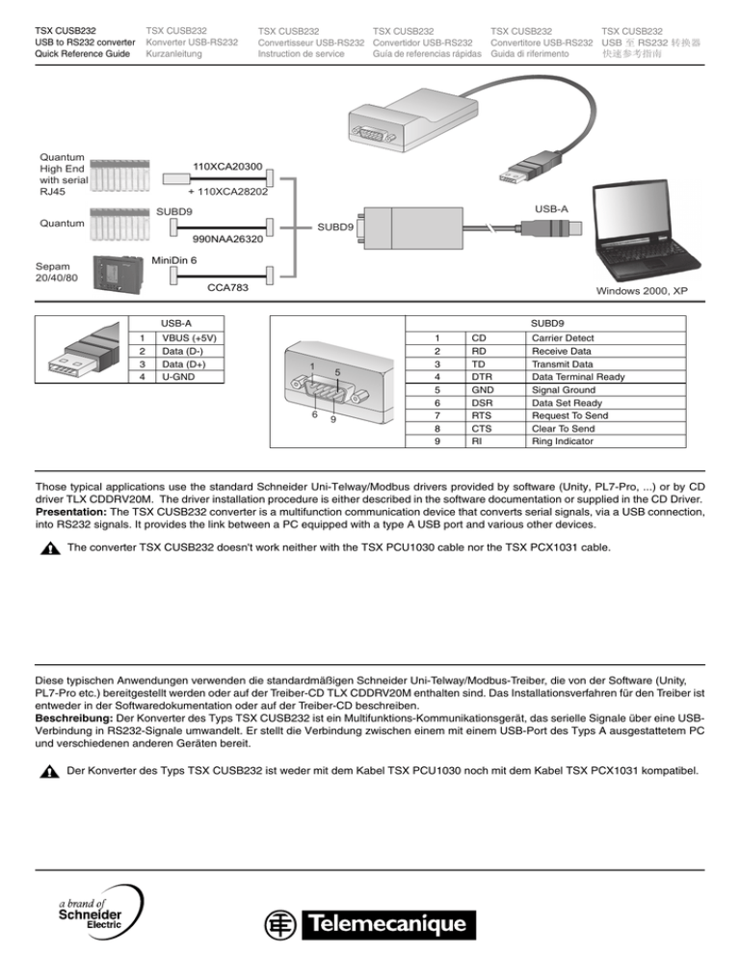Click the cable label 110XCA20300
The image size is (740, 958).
226,167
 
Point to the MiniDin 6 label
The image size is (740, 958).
175,259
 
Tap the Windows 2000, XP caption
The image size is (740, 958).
641,291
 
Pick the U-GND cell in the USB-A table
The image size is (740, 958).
179,376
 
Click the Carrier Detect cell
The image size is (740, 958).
559,338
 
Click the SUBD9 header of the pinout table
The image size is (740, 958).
548,323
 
